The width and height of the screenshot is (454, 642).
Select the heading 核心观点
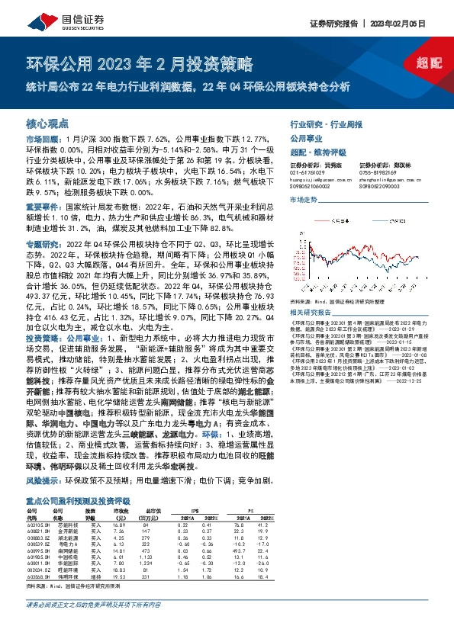[47, 123]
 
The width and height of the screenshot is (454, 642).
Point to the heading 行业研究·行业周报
[324, 123]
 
